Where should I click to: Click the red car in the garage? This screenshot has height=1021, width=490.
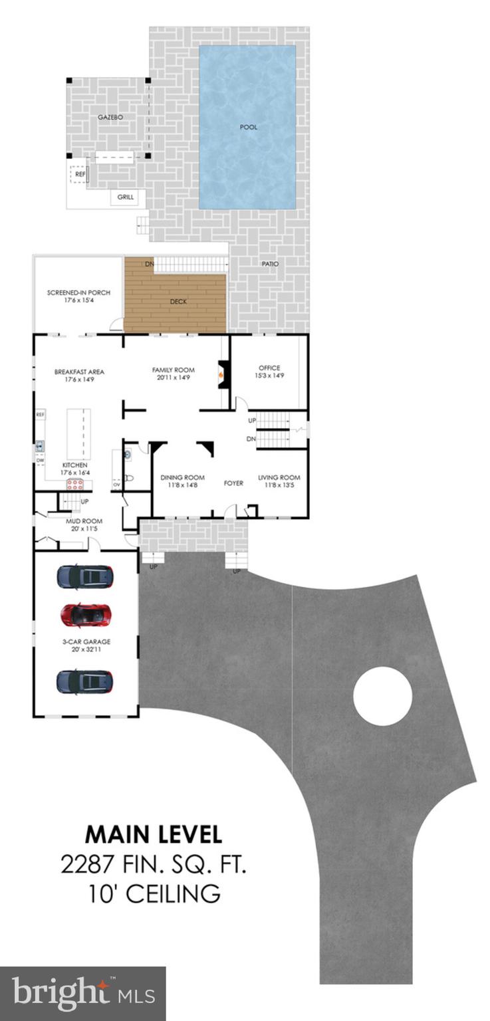point(85,615)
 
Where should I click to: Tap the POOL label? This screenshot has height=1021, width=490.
point(248,126)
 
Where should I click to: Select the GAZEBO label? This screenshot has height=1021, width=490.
point(111,117)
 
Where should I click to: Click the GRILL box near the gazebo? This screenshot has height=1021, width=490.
point(125,197)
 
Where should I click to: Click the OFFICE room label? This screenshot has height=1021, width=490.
point(269,368)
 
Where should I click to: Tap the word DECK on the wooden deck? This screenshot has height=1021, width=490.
point(178,301)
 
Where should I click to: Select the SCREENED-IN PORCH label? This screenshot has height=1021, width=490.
point(78,292)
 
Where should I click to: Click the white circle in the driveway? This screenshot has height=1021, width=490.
point(382,696)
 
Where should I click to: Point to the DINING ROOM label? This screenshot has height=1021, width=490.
point(182,477)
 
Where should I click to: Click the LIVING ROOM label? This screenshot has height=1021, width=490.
point(279,477)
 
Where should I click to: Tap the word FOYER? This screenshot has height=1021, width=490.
point(233,483)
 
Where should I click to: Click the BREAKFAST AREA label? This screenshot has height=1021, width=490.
point(79,372)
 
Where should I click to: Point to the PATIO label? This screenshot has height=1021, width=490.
point(270,264)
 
